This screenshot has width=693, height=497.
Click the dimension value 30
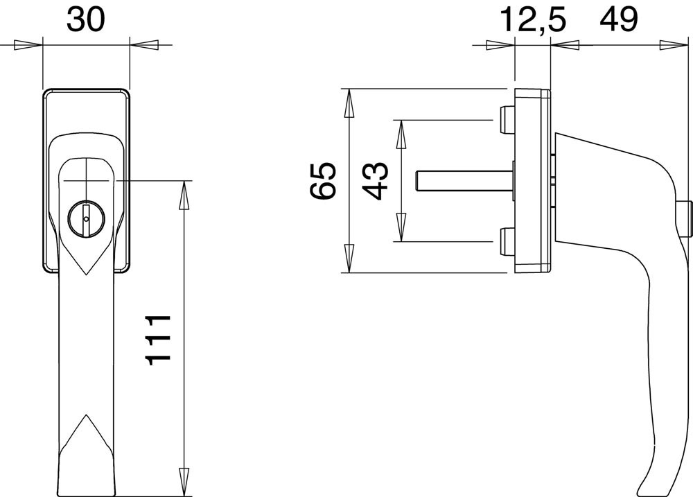86,20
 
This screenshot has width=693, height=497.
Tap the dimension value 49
619,20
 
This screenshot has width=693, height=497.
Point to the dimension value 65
323,181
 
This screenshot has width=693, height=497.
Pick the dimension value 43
375,181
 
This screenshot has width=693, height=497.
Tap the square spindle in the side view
465,182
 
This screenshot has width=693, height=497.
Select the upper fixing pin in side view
507,121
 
